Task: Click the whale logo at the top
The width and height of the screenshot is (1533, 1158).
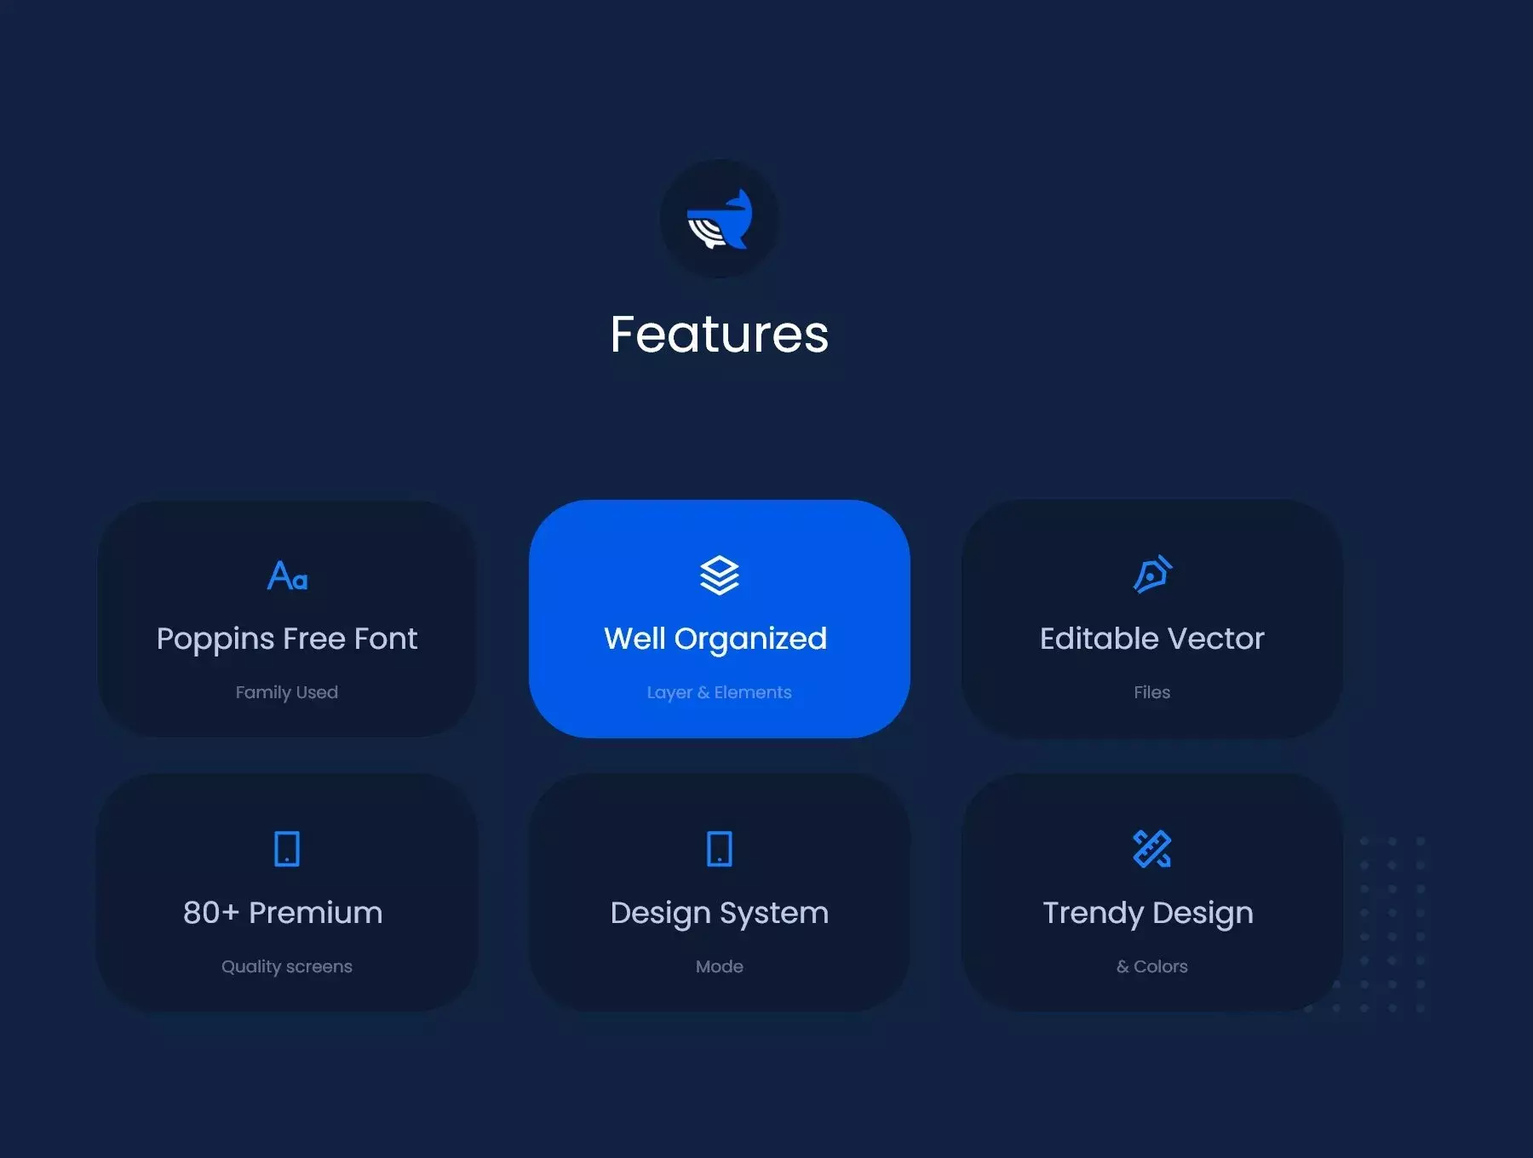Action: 720,219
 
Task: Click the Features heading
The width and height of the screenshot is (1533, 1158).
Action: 720,334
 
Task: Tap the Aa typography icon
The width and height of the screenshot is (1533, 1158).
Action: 287,576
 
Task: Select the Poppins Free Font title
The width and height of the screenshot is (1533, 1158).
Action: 287,639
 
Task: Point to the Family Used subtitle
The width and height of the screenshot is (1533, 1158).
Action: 287,692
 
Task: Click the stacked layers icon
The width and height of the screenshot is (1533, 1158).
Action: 720,576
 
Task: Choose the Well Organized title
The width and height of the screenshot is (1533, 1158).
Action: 715,639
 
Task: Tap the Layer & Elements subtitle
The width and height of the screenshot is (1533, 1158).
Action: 720,692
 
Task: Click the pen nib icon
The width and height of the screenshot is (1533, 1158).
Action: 1152,575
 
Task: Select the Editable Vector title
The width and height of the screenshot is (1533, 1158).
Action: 1152,639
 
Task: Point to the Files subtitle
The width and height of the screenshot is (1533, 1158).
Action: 1152,692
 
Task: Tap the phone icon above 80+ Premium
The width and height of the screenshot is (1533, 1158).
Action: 287,849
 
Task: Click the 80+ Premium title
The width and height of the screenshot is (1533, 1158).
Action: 283,913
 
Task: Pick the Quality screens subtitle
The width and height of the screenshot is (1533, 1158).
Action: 287,966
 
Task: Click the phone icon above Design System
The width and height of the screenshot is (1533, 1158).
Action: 720,849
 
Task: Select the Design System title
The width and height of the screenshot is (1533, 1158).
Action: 720,914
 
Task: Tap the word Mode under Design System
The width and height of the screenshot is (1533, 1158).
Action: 720,966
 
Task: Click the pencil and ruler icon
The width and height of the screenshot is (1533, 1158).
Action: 1152,849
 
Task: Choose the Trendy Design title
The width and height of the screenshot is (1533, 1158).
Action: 1148,914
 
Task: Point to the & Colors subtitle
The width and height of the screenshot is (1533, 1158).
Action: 1152,966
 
